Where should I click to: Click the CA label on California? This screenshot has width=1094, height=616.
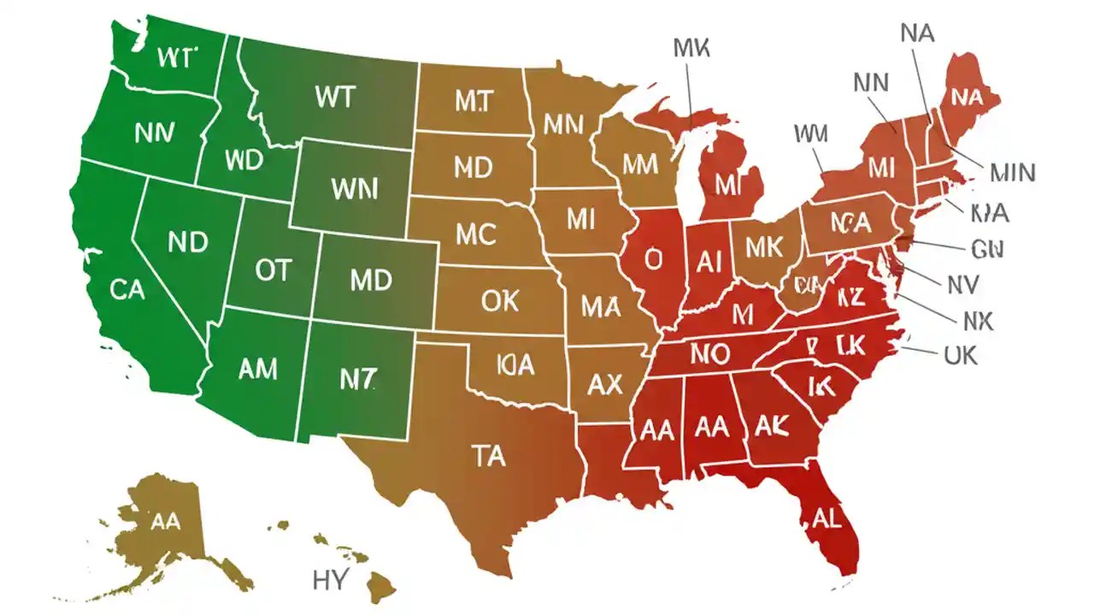(x=127, y=290)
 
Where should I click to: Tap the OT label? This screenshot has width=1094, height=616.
(x=273, y=271)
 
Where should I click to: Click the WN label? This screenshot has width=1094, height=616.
(x=353, y=189)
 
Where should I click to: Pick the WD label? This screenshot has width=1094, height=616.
(x=244, y=160)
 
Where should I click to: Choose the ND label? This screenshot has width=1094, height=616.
(x=188, y=242)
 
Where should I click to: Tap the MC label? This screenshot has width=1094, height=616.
(x=476, y=234)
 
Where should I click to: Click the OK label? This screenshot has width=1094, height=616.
(x=500, y=300)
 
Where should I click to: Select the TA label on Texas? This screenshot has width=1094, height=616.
(x=488, y=456)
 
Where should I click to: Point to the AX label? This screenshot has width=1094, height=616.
(x=605, y=385)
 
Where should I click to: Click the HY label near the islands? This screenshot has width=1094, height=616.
(x=330, y=580)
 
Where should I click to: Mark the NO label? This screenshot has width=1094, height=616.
(x=709, y=353)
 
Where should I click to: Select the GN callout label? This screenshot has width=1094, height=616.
(x=986, y=249)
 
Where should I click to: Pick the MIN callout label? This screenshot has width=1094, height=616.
(x=1012, y=174)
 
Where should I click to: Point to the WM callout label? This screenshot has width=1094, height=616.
(x=810, y=134)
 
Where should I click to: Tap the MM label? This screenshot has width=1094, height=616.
(x=639, y=163)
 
